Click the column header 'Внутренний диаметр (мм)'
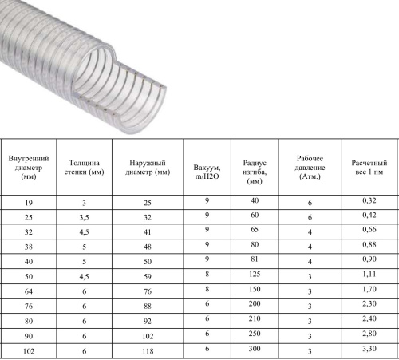tap(29, 168)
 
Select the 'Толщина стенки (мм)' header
tap(84, 168)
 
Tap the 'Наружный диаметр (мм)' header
tap(148, 168)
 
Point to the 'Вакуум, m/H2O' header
tap(207, 172)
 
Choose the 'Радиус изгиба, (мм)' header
tap(255, 172)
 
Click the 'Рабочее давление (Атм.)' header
tap(310, 168)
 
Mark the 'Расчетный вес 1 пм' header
tap(369, 168)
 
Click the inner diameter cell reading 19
tap(29, 203)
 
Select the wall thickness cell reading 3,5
tap(84, 218)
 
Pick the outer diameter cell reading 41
tap(148, 232)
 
